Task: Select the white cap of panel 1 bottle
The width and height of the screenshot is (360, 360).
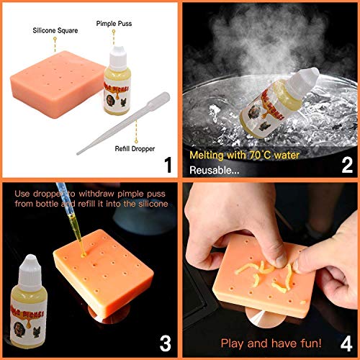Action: (x=120, y=54)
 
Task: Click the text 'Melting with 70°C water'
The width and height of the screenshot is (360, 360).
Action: (x=243, y=154)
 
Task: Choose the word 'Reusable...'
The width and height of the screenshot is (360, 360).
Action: (x=214, y=170)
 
